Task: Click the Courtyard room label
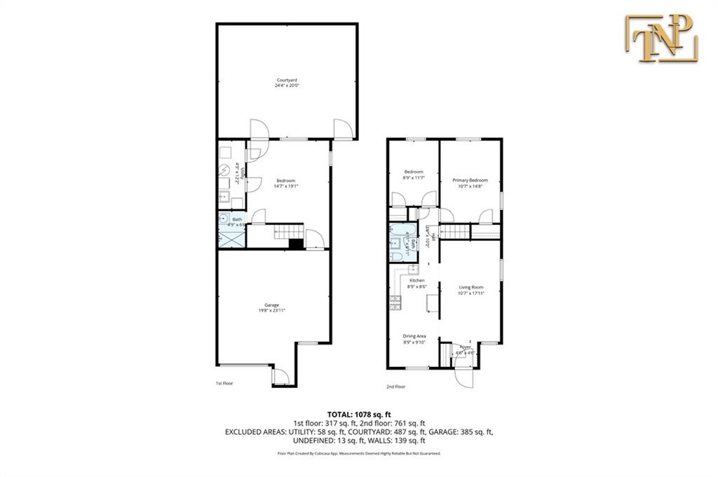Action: (x=286, y=81)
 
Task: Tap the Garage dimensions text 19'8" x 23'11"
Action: (x=271, y=310)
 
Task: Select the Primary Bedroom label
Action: (x=470, y=180)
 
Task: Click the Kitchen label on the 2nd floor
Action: (x=417, y=281)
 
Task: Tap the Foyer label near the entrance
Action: (x=465, y=347)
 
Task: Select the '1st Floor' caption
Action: (x=224, y=384)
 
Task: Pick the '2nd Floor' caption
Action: (x=395, y=387)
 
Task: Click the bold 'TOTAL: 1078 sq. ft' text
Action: (x=358, y=413)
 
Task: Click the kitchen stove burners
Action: (x=394, y=303)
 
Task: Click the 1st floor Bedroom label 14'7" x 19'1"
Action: (x=285, y=182)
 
